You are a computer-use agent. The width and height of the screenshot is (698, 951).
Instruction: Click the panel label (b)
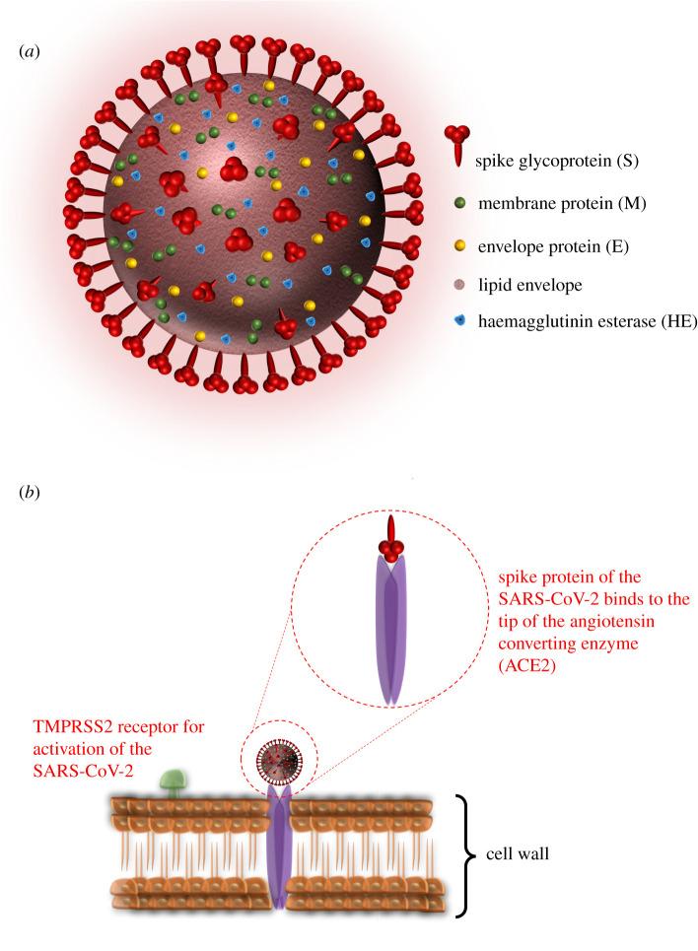click(x=29, y=490)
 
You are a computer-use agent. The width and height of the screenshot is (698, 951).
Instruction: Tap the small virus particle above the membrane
click(x=275, y=761)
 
